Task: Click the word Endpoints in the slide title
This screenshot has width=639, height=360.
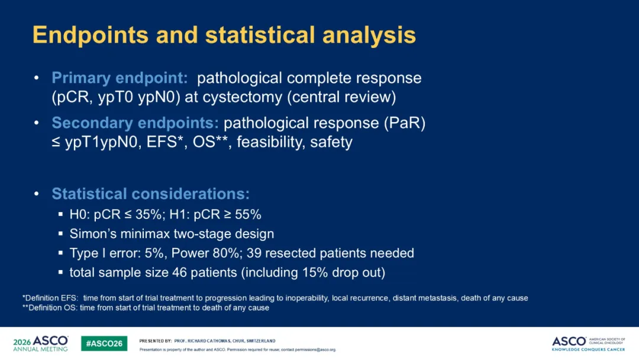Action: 91,35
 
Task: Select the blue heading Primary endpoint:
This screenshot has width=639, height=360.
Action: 120,78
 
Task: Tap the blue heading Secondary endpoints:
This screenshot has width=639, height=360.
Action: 135,123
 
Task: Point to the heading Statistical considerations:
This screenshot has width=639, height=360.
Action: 150,194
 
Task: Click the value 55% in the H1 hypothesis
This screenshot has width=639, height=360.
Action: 248,214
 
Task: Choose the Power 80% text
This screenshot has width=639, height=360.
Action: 205,253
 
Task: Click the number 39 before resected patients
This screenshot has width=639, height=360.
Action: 254,253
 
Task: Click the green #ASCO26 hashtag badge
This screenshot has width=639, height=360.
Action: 104,343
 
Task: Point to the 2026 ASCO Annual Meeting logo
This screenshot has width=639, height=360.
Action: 41,343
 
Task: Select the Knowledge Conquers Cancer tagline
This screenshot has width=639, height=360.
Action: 589,349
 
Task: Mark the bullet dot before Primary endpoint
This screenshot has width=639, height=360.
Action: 37,78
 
